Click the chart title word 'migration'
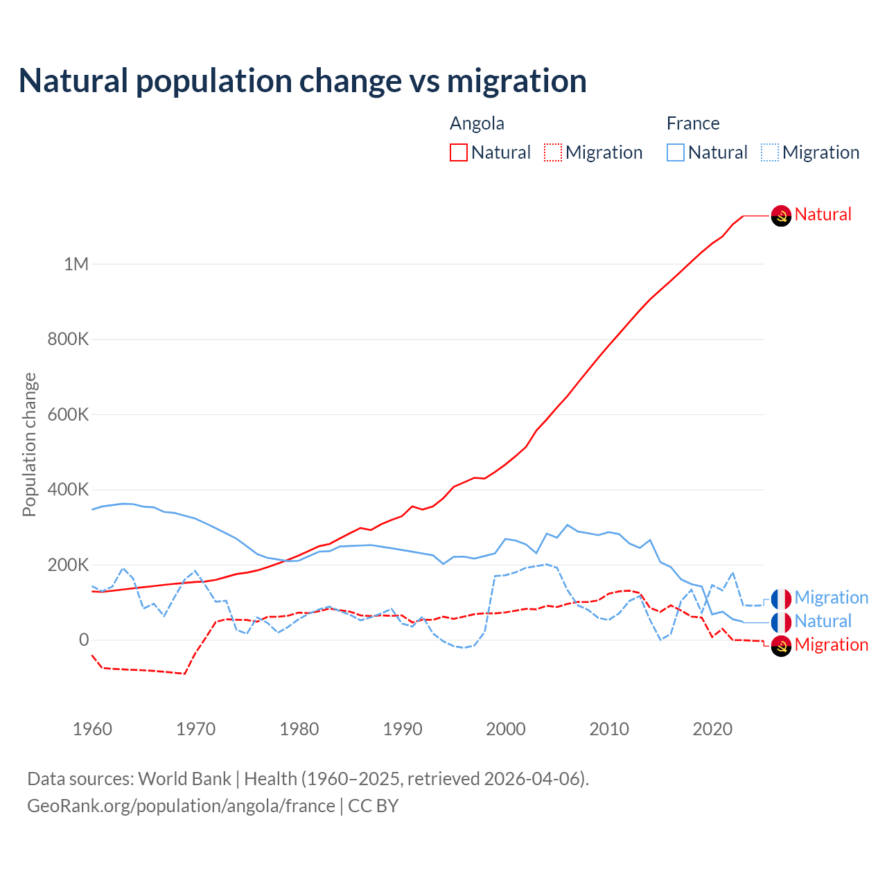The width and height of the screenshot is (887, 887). [x=517, y=80]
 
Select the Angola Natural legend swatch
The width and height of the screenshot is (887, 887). [x=459, y=152]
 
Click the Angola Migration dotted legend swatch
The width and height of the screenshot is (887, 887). [x=553, y=152]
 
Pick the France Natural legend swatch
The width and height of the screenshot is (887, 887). [x=676, y=152]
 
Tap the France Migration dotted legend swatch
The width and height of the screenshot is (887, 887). [x=770, y=152]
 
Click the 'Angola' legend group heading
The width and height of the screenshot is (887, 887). [x=477, y=123]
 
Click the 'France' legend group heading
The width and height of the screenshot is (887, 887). [x=693, y=123]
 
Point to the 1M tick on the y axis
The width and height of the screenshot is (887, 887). [x=76, y=264]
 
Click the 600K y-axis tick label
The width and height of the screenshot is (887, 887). [x=68, y=414]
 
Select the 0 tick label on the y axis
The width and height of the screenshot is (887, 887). [x=84, y=640]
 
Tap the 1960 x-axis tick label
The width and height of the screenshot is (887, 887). [x=92, y=729]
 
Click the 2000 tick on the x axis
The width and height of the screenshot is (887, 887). [x=506, y=729]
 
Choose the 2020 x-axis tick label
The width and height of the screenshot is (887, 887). [x=712, y=729]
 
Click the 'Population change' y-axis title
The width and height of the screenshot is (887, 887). [x=29, y=444]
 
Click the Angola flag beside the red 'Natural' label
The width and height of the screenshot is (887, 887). [x=781, y=216]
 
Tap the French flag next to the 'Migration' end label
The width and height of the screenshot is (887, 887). [x=781, y=598]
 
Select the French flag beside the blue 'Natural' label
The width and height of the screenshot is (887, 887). [x=781, y=622]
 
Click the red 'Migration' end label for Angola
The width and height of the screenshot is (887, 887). [x=831, y=644]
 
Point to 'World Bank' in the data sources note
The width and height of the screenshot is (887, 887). [x=184, y=779]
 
